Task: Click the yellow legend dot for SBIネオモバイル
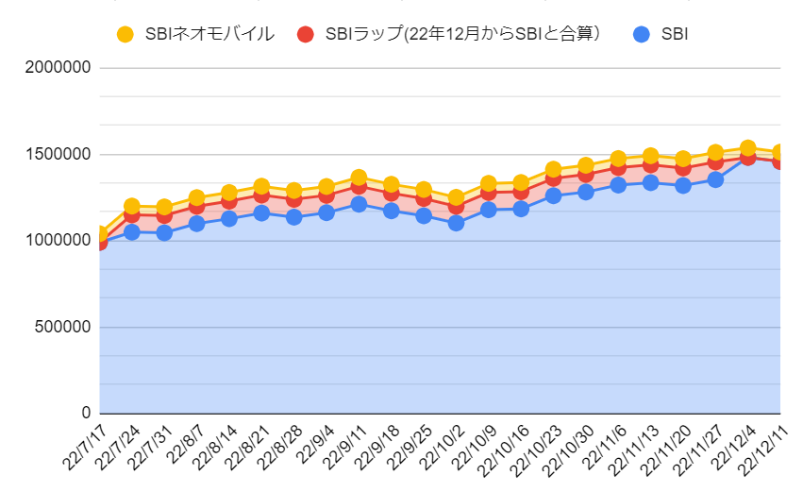tap(125, 34)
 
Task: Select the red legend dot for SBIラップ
tap(305, 34)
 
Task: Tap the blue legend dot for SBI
tap(641, 34)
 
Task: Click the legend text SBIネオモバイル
tap(209, 34)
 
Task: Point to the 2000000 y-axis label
tap(58, 67)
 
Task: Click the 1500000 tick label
tap(58, 154)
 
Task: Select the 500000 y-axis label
tap(62, 327)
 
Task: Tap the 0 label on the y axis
tap(86, 413)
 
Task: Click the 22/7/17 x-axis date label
tap(85, 447)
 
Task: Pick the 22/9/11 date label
tap(344, 447)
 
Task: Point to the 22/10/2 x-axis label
tap(442, 447)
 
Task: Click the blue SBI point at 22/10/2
tap(456, 223)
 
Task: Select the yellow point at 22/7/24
tap(131, 206)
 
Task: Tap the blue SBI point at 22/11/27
tap(715, 179)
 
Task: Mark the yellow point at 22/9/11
tap(359, 178)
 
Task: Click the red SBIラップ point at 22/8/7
tap(196, 207)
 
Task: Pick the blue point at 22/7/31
tap(164, 233)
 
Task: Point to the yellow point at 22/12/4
tap(747, 148)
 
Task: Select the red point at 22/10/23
tap(553, 178)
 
